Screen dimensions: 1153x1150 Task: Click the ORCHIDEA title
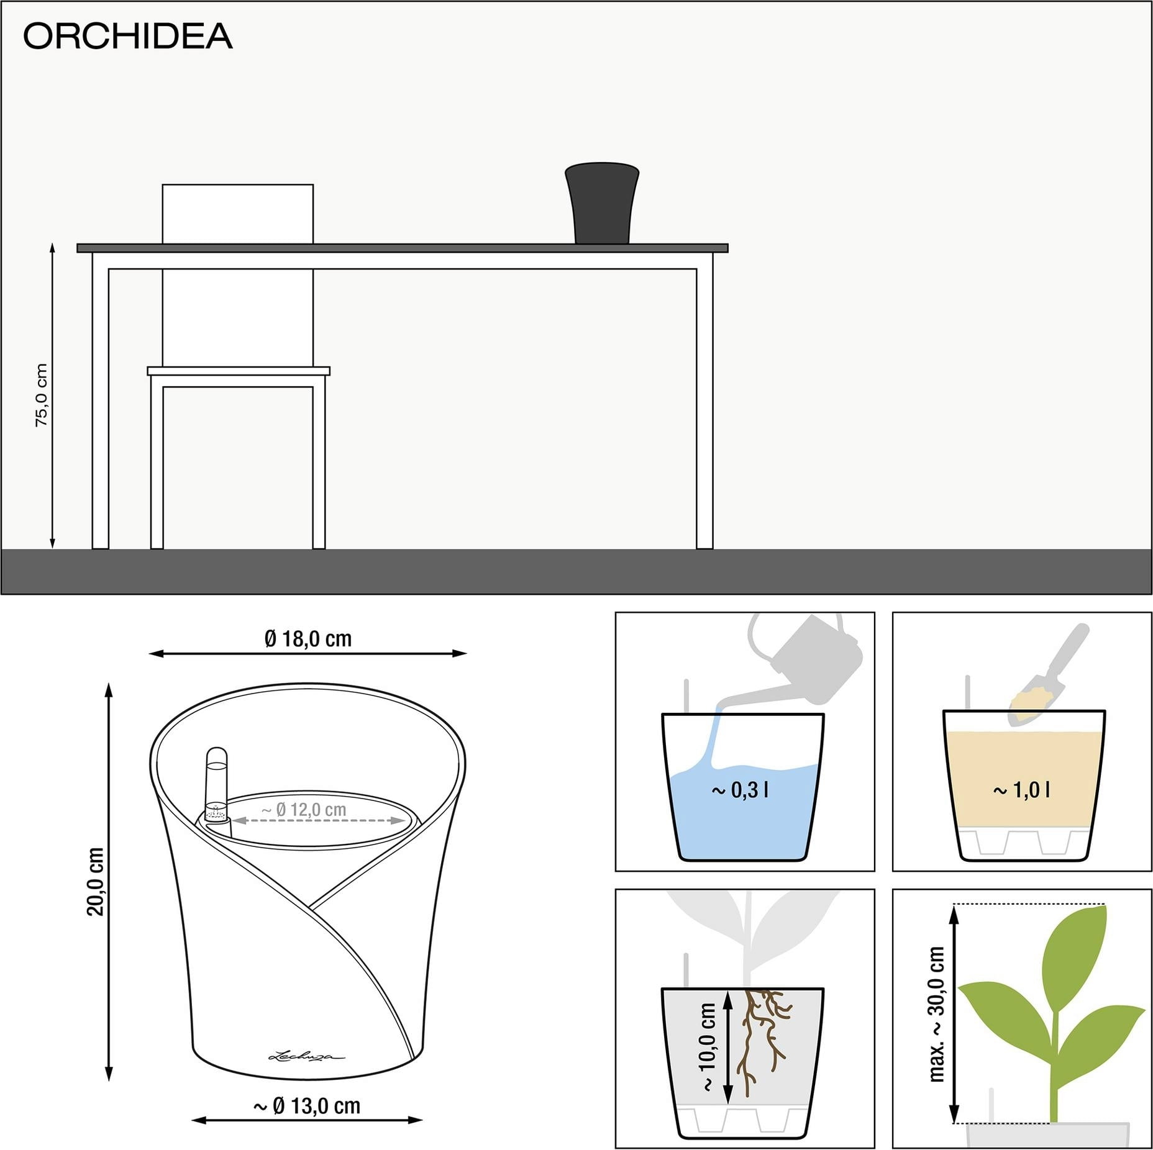coord(127,36)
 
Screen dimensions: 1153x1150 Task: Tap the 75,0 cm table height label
coord(41,395)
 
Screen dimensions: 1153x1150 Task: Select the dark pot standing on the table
coord(602,203)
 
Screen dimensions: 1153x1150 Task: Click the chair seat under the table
coord(239,371)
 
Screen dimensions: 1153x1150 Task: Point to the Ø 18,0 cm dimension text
coord(308,638)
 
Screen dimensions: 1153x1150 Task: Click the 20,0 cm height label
coord(96,881)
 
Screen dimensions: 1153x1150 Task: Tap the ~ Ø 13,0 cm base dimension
coord(307,1106)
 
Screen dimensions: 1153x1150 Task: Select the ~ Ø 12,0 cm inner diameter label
coord(304,810)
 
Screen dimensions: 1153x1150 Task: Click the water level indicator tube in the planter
coord(217,786)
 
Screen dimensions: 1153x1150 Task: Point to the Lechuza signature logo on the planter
coord(306,1055)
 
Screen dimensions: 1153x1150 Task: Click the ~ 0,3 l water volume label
coord(740,790)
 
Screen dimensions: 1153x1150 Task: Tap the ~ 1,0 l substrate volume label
coord(1021,790)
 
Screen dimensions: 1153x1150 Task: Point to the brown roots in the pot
coord(762,1042)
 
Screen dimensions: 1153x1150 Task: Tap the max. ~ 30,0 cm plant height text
coord(936,1014)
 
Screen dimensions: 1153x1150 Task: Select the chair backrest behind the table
coord(238,214)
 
